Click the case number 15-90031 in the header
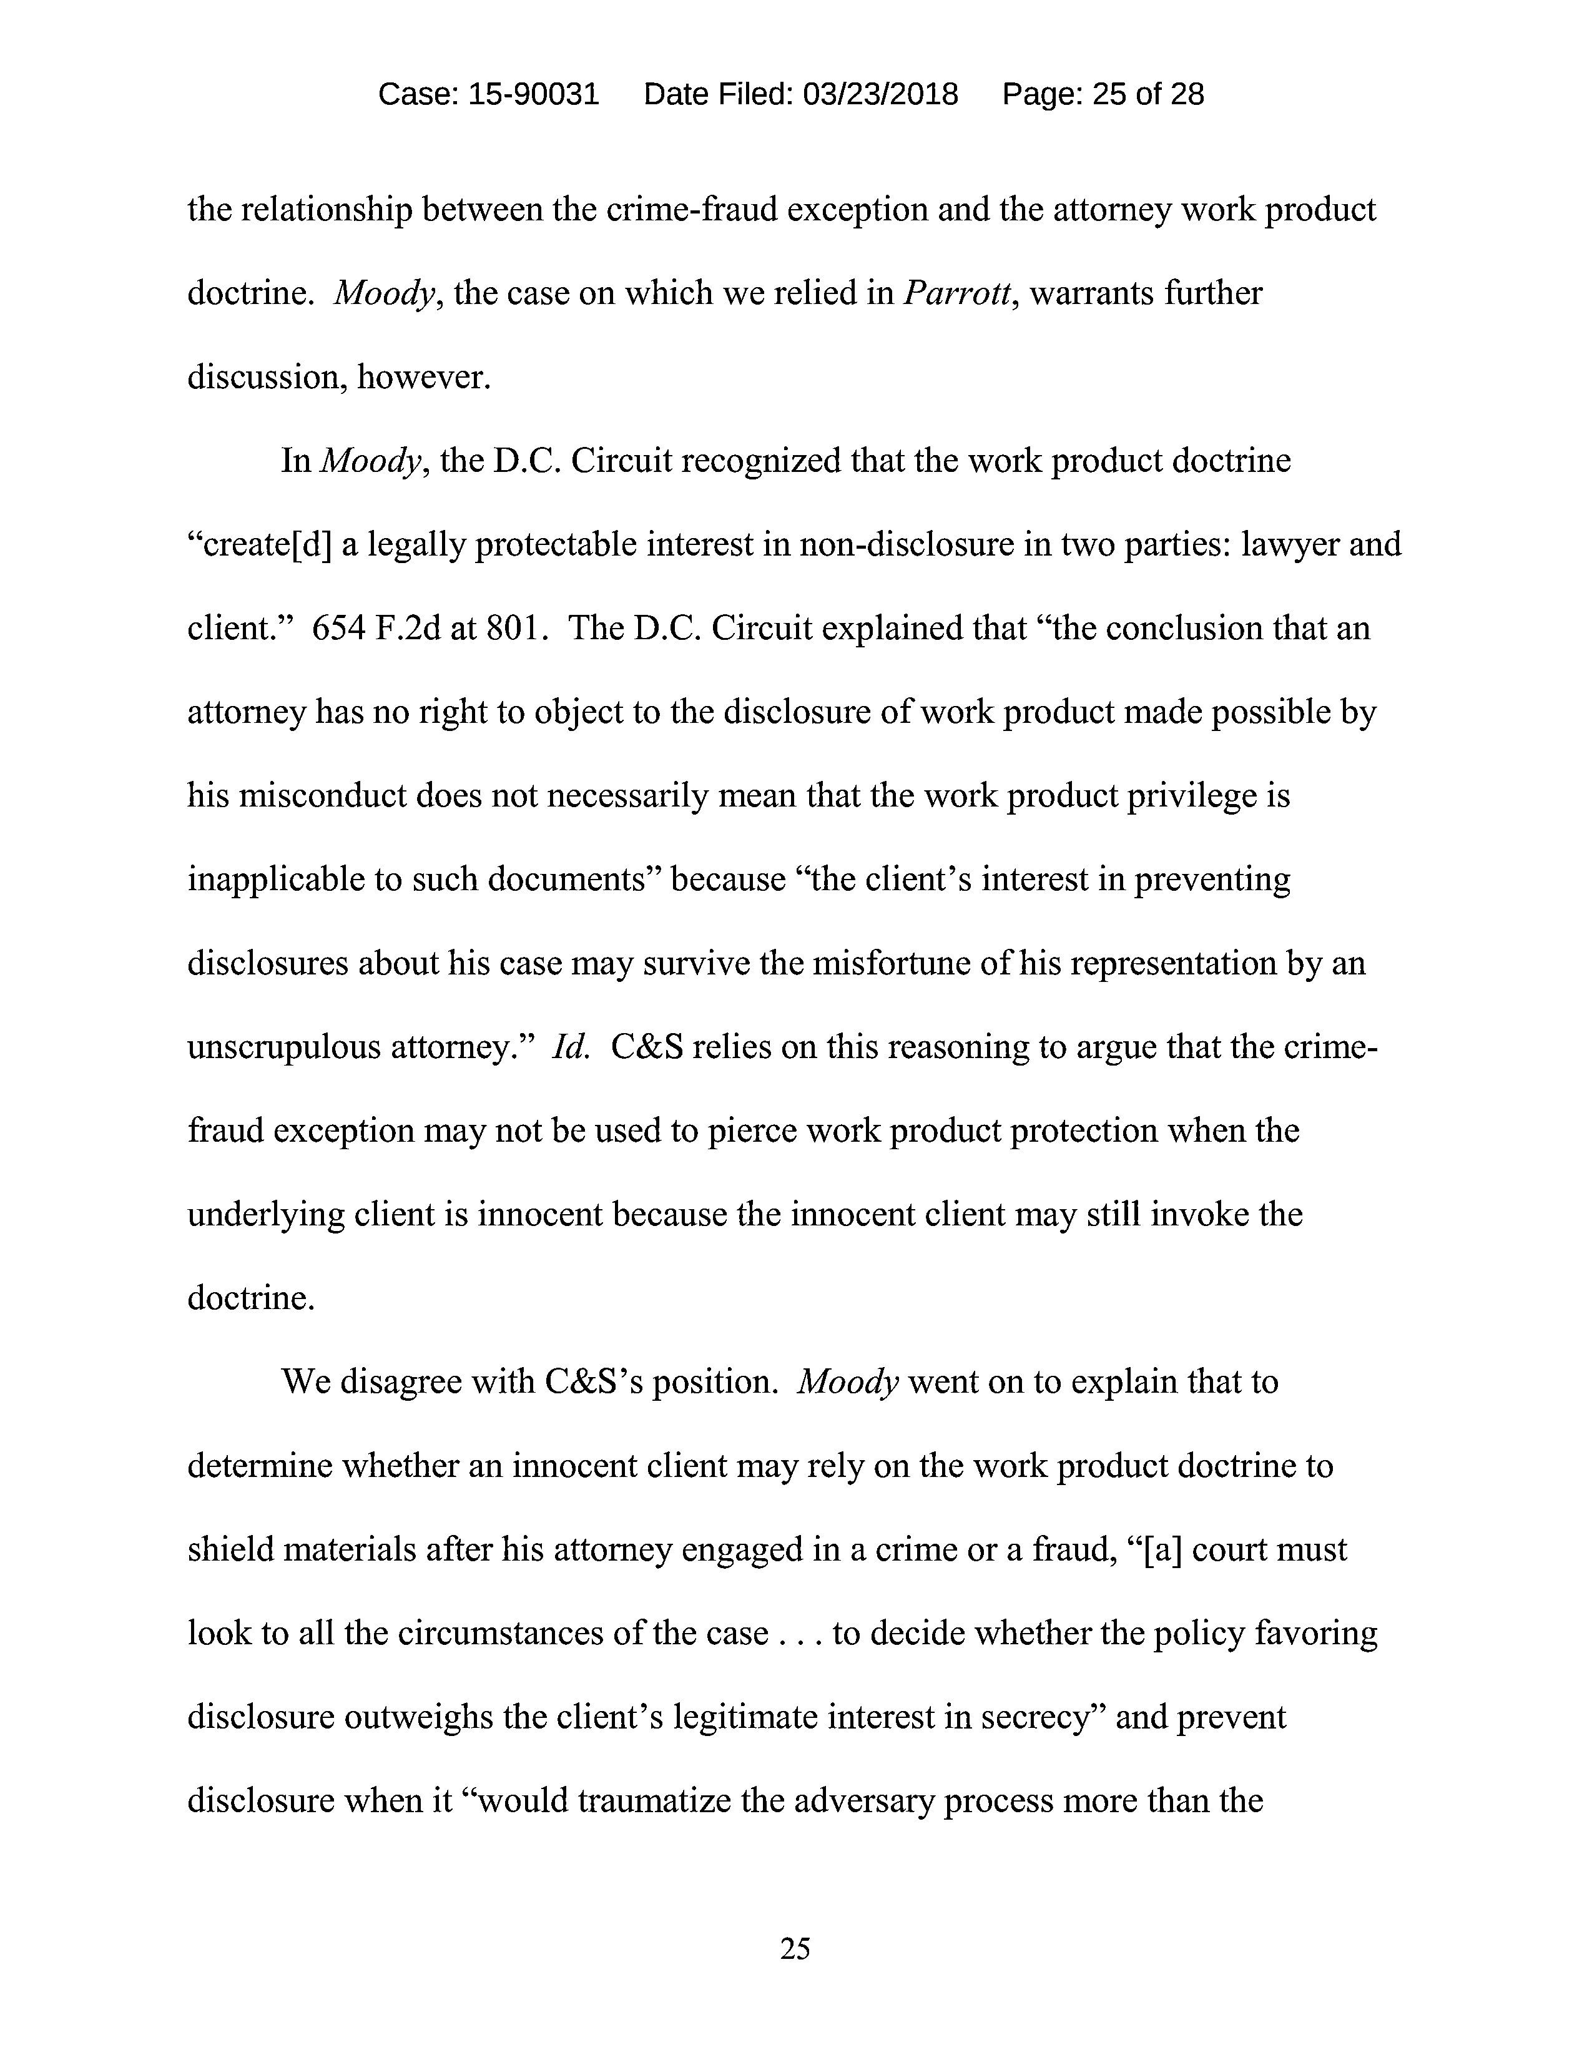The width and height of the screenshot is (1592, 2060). (533, 94)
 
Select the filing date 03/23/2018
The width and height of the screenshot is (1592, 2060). (879, 94)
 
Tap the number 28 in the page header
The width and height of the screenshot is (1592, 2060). (1186, 94)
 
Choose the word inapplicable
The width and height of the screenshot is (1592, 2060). (271, 879)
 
